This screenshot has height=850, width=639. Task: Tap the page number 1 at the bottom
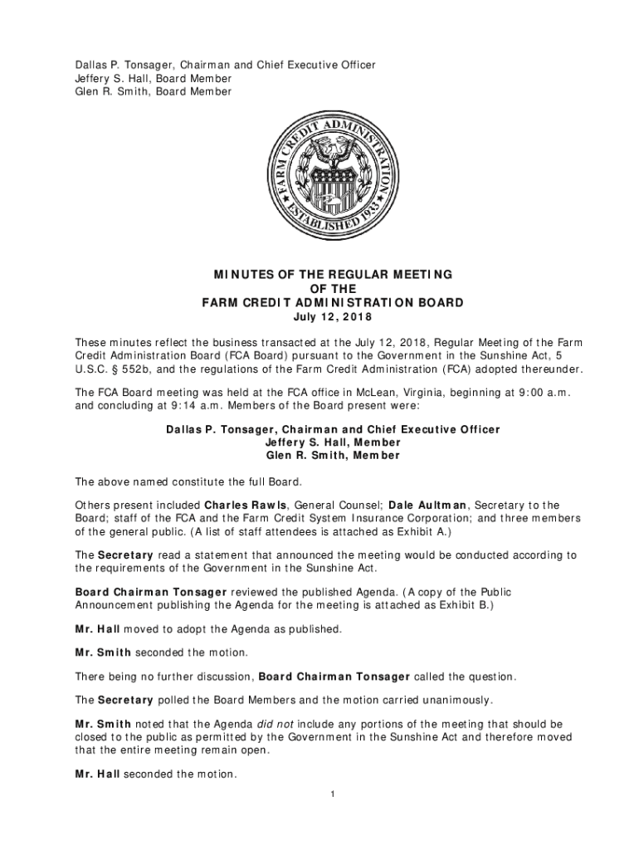[332, 795]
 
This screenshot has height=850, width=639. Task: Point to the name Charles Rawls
[246, 505]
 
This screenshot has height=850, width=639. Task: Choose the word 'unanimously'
[456, 699]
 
